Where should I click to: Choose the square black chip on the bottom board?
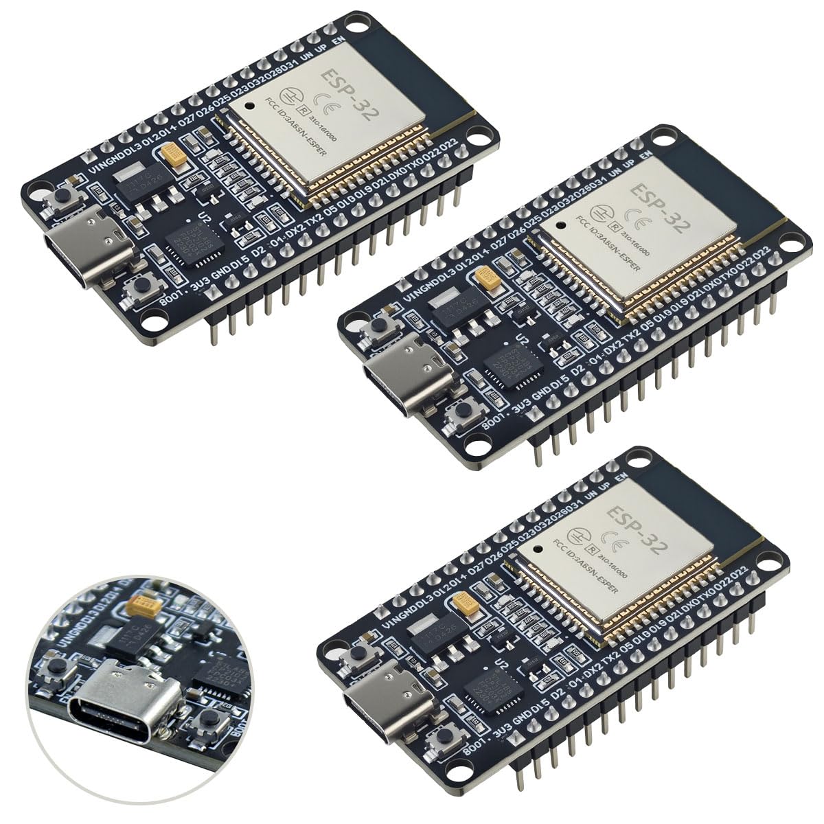(x=492, y=687)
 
